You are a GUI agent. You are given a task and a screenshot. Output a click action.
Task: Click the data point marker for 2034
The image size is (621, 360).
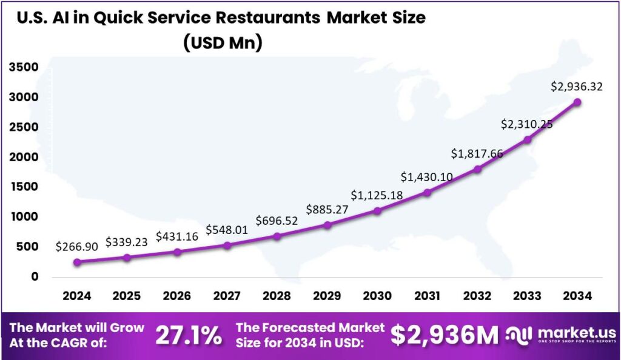(577, 102)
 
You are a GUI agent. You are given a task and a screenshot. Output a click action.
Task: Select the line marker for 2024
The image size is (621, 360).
(77, 262)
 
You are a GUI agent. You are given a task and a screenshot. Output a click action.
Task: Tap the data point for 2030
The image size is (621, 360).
(377, 211)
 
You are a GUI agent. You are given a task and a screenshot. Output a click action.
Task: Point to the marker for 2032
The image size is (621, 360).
(477, 169)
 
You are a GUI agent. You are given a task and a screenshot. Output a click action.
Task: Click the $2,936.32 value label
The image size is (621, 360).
(577, 87)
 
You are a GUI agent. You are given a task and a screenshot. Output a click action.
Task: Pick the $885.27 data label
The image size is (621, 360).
(327, 210)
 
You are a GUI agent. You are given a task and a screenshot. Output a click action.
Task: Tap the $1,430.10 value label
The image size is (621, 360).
(428, 177)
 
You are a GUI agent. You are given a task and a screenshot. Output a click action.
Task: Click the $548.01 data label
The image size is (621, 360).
(227, 230)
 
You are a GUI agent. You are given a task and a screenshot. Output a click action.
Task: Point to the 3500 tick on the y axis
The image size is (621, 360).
(24, 67)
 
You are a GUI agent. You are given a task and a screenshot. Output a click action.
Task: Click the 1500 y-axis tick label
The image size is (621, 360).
(24, 187)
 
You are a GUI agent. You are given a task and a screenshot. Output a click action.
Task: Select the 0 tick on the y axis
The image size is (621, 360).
(35, 276)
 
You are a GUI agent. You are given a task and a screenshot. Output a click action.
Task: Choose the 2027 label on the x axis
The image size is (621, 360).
(227, 296)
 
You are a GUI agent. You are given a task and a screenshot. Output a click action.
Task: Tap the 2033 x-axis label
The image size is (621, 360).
(527, 296)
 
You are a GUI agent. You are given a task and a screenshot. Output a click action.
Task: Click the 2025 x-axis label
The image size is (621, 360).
(127, 296)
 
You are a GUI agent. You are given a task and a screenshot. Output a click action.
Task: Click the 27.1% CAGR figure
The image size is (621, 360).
(188, 335)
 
